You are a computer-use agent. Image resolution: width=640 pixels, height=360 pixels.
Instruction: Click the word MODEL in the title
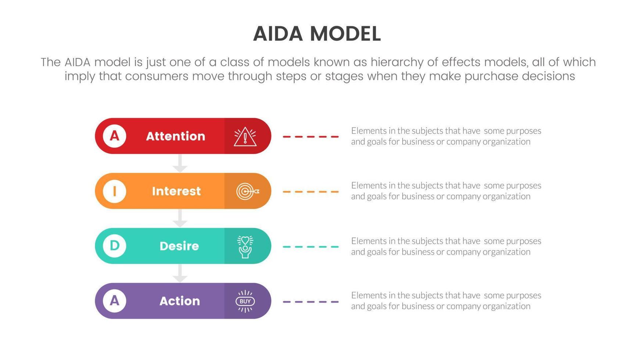[x=345, y=34]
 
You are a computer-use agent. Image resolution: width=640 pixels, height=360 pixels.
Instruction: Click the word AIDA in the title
[x=278, y=34]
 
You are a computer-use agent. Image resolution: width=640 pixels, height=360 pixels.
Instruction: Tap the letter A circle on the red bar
[x=114, y=136]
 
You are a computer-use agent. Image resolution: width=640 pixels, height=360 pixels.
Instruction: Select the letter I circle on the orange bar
[x=114, y=191]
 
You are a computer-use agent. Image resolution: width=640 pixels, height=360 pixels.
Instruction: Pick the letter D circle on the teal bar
[x=114, y=245]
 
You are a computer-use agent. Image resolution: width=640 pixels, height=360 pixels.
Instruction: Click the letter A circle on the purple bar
[x=114, y=300]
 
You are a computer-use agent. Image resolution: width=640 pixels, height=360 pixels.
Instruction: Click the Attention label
[x=176, y=136]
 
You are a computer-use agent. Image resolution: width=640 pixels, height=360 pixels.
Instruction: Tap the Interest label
[x=176, y=191]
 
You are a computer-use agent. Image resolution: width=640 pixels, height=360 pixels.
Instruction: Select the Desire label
[x=179, y=246]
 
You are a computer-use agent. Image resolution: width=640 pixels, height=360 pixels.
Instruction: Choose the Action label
[x=180, y=301]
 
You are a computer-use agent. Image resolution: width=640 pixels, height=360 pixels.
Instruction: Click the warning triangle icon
[x=245, y=137]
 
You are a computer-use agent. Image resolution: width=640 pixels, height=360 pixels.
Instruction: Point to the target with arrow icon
[x=247, y=191]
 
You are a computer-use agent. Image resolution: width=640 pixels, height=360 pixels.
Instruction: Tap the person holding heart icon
[x=245, y=246]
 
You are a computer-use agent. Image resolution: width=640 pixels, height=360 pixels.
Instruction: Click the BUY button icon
[x=245, y=301]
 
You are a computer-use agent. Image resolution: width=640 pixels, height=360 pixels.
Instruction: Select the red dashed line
[x=310, y=137]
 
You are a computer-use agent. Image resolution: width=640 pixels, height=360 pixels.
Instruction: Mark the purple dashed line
[x=310, y=302]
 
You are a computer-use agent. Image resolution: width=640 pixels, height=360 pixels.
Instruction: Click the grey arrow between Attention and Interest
[x=180, y=163]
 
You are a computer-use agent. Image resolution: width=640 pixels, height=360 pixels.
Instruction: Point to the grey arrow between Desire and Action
[x=180, y=273]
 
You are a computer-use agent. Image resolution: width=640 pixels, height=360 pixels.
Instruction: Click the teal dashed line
[x=310, y=247]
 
